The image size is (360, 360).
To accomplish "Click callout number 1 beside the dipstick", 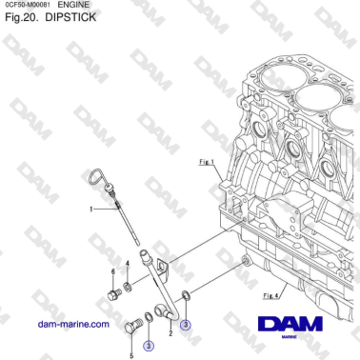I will (92, 208).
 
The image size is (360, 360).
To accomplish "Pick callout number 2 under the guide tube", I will (170, 334).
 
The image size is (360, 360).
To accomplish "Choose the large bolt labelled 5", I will (132, 329).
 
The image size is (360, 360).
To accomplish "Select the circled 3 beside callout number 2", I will (186, 325).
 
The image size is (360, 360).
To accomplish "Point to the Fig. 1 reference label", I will (205, 163).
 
